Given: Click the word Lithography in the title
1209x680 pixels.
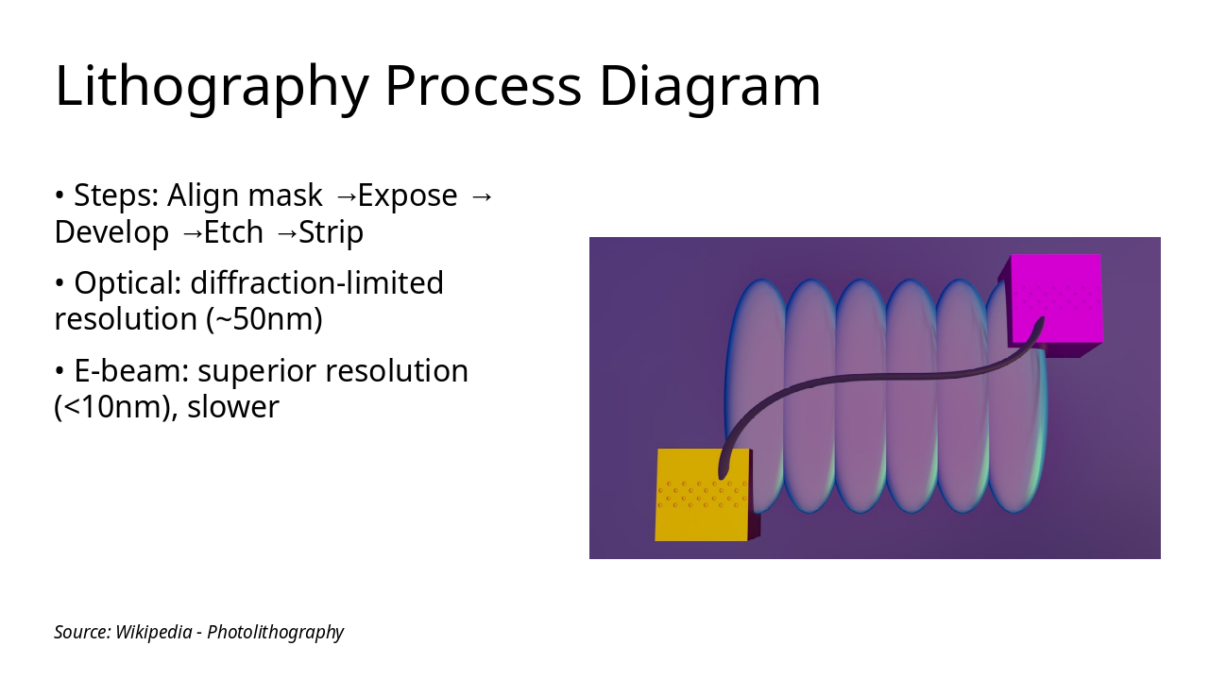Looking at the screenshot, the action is [212, 86].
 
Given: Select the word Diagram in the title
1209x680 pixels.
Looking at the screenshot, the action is [709, 86].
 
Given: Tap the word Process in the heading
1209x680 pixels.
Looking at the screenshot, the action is [484, 86].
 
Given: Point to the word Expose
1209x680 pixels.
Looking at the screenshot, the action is [407, 195].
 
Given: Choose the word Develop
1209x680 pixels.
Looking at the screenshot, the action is [111, 232].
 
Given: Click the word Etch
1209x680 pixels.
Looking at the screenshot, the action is [233, 232].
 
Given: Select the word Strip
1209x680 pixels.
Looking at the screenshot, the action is [331, 232].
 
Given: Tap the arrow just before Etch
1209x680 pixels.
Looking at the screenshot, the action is [193, 233].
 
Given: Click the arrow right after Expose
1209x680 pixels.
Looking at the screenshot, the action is [482, 196].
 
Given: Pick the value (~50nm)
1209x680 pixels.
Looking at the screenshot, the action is [264, 319].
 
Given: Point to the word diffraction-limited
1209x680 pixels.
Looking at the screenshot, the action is [316, 282].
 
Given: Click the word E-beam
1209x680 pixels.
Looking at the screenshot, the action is [131, 371].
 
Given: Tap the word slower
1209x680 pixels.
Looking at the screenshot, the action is [233, 407].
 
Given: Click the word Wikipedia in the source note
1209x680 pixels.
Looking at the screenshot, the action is [154, 632].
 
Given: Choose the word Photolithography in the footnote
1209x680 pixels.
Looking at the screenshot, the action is [275, 633].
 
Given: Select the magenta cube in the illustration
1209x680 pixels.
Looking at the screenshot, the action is [1051, 305].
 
